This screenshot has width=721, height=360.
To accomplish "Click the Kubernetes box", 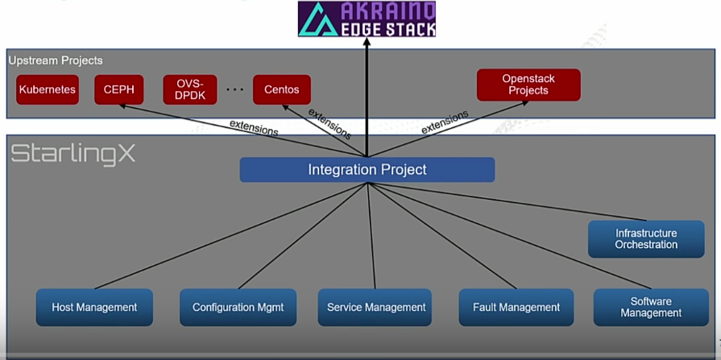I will point(47,90).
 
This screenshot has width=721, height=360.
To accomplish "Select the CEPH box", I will point(118,90).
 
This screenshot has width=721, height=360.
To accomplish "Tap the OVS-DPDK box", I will point(189,90).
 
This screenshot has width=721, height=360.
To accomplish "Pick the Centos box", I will point(281,90).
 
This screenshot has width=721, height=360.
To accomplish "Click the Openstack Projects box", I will point(528,85).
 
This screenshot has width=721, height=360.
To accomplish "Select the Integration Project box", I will point(367,170).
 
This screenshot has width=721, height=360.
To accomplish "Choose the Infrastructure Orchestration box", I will point(645,239).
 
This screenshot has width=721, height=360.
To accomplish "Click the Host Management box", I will point(94,307).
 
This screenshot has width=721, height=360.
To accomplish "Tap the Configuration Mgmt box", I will point(238,307).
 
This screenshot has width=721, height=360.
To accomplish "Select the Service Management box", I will point(375,307).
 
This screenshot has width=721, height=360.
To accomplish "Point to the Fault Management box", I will point(516,307).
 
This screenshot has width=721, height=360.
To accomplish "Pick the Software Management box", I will point(651,307).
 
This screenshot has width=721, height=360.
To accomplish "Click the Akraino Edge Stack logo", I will point(367,19).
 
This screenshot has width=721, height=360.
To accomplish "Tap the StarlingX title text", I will point(73,154).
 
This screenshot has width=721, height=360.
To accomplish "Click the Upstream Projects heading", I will point(56,60).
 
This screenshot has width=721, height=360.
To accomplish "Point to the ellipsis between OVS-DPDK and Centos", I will point(234,90).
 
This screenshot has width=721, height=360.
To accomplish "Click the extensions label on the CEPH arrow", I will point(254,127).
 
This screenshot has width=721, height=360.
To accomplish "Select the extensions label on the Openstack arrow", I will point(445,122).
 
